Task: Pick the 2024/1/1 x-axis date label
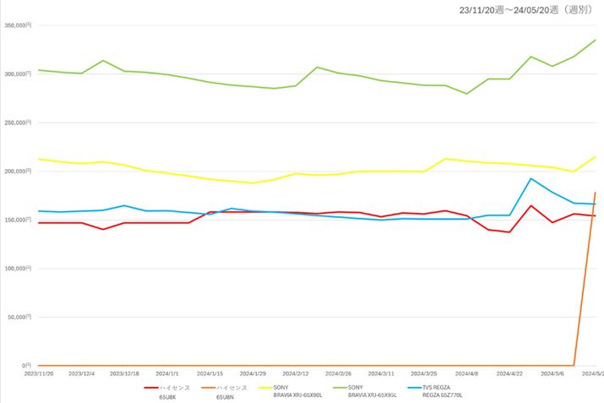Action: coord(166,373)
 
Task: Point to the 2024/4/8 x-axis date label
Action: coord(467,373)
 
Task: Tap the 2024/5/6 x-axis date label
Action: coord(553,373)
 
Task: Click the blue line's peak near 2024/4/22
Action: coord(531,178)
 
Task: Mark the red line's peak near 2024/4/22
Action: coord(531,205)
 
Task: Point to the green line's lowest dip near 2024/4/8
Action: coord(467,94)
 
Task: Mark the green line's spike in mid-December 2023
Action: coord(103,61)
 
